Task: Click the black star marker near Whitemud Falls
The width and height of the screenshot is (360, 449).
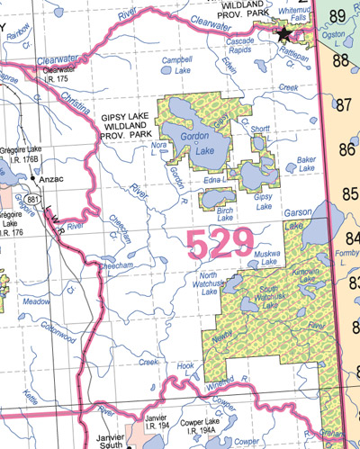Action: [284, 34]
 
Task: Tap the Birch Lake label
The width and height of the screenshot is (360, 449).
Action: [226, 213]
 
